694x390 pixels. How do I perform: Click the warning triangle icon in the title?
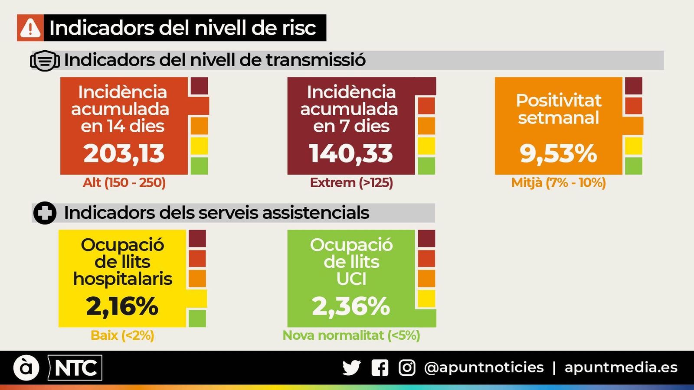click(30, 28)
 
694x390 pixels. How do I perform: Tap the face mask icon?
click(45, 61)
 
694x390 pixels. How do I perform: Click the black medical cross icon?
click(45, 213)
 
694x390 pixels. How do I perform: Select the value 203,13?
click(124, 154)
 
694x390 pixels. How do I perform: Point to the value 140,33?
click(351, 154)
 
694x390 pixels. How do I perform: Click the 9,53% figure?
click(558, 154)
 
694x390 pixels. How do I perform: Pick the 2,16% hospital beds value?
click(122, 306)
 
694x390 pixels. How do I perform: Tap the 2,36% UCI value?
click(351, 306)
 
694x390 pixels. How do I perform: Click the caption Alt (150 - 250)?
click(124, 182)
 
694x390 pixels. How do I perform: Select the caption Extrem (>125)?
click(351, 182)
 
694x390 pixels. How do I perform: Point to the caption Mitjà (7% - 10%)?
click(558, 182)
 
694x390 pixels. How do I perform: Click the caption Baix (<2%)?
click(122, 335)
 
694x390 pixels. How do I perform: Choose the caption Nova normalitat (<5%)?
click(351, 335)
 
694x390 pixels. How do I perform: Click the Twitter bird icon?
click(351, 368)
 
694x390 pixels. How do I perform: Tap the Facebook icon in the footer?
click(380, 368)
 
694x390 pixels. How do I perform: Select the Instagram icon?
click(407, 368)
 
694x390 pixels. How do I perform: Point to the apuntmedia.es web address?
click(621, 367)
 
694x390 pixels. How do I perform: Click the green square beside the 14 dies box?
click(199, 166)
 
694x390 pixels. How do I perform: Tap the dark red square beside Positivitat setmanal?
click(633, 86)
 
